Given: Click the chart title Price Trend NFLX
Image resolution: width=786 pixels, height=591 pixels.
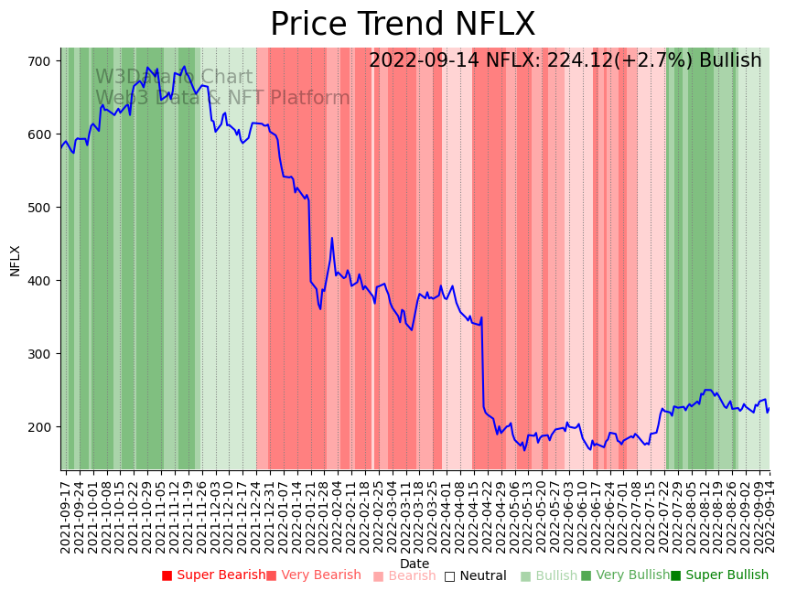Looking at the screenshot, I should tap(403, 25).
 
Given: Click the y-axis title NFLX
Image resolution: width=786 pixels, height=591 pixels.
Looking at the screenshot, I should tap(15, 260).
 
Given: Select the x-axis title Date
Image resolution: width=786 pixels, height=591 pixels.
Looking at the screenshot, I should tap(415, 564).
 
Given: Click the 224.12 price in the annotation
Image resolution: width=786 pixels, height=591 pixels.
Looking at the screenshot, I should tap(578, 61).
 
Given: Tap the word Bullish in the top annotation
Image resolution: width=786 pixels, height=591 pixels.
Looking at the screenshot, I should tap(729, 61).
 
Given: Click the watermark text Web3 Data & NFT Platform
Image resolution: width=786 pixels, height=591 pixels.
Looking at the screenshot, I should tap(222, 98).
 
